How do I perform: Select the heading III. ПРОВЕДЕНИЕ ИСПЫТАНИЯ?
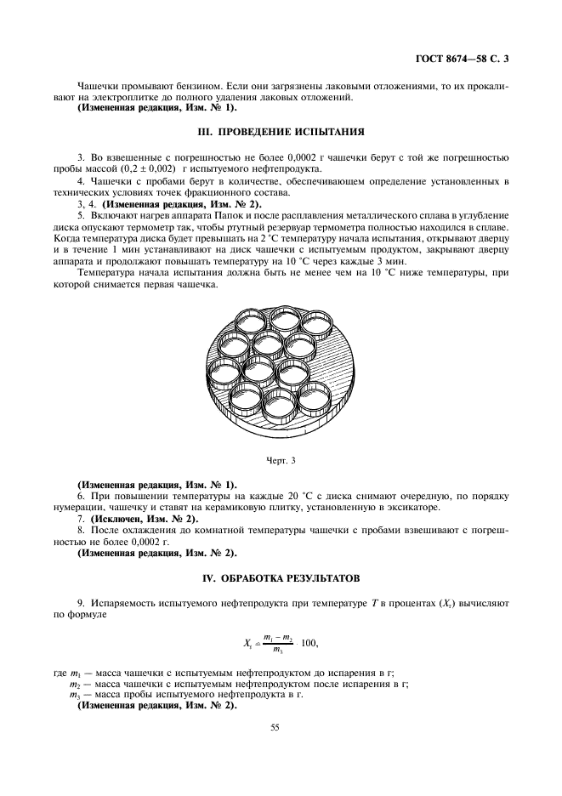[281, 133]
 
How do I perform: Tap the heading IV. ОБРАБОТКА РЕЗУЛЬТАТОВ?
[281, 577]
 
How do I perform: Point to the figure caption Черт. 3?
[281, 461]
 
